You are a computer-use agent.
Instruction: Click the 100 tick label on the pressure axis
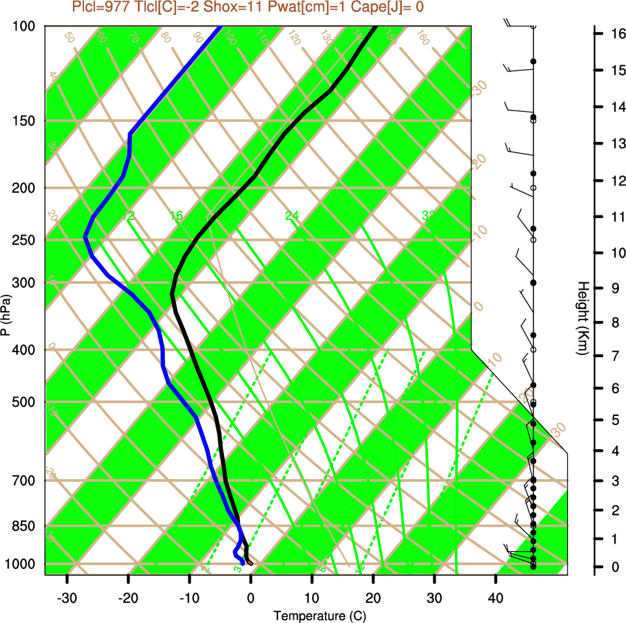tap(25, 26)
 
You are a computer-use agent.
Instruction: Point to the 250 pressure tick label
tap(25, 240)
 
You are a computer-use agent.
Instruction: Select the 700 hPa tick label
tap(25, 480)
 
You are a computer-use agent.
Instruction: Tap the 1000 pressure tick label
tap(23, 563)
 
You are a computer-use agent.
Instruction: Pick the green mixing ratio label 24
tap(291, 215)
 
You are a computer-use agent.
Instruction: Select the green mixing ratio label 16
tap(177, 215)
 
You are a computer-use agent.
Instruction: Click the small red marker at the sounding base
tap(249, 562)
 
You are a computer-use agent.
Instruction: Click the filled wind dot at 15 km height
tap(533, 61)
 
